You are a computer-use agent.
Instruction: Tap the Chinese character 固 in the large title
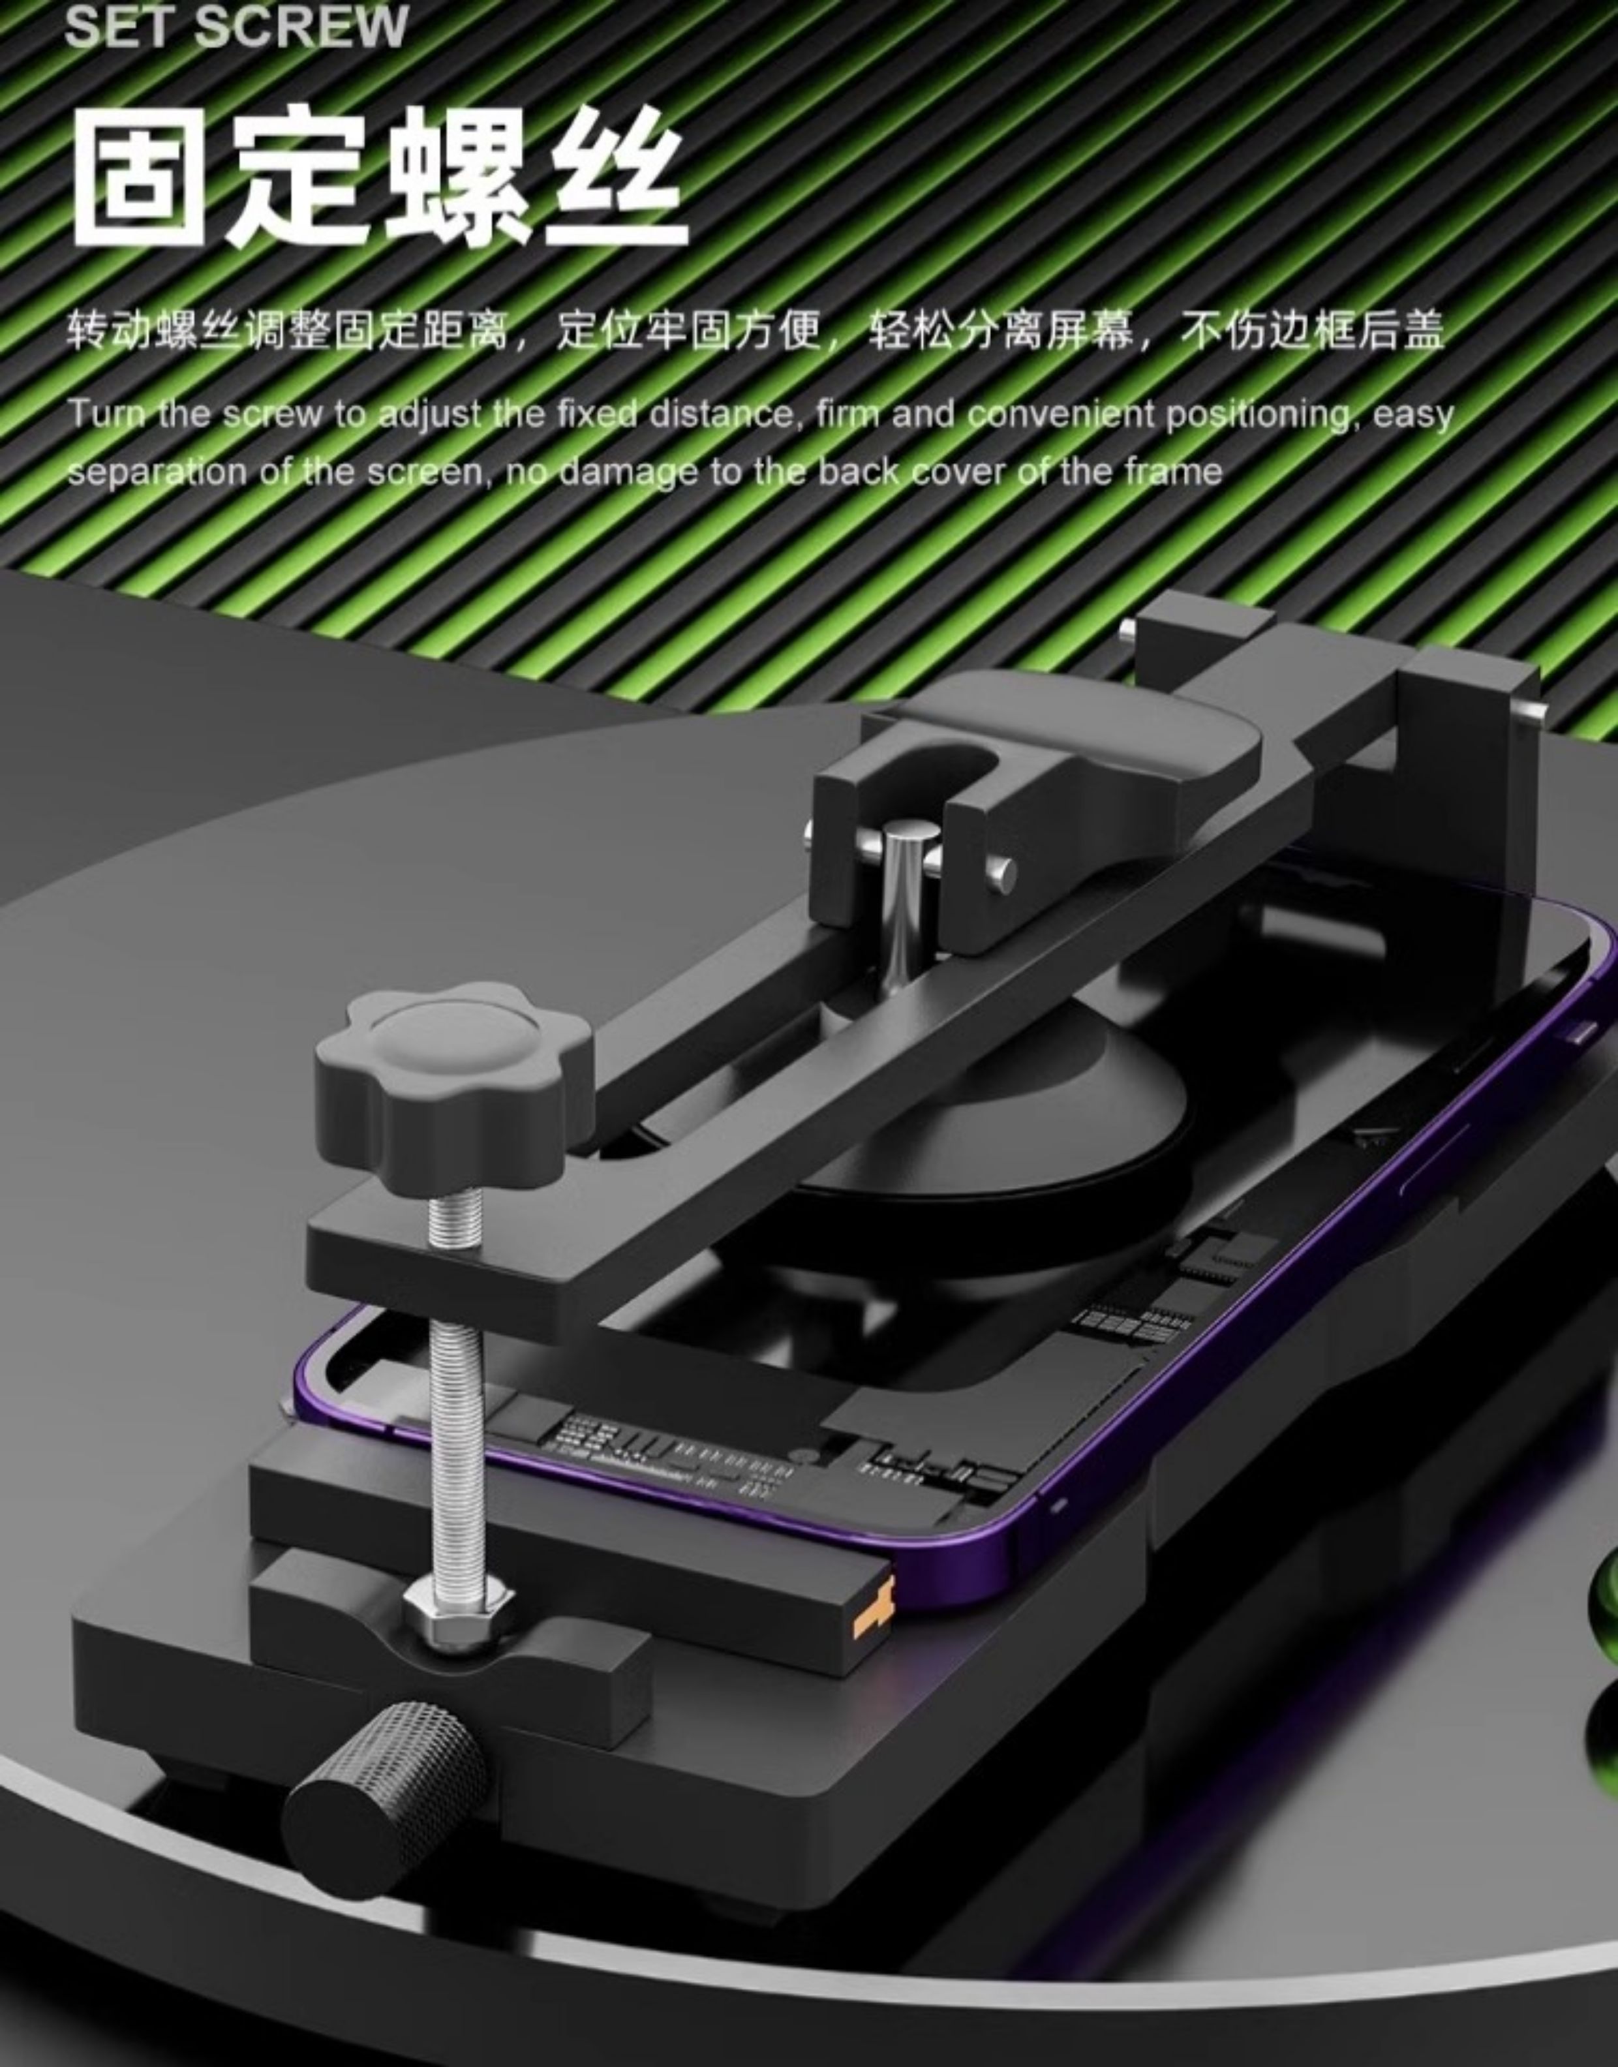click(x=139, y=177)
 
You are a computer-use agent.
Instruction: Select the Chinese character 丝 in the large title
click(x=617, y=177)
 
